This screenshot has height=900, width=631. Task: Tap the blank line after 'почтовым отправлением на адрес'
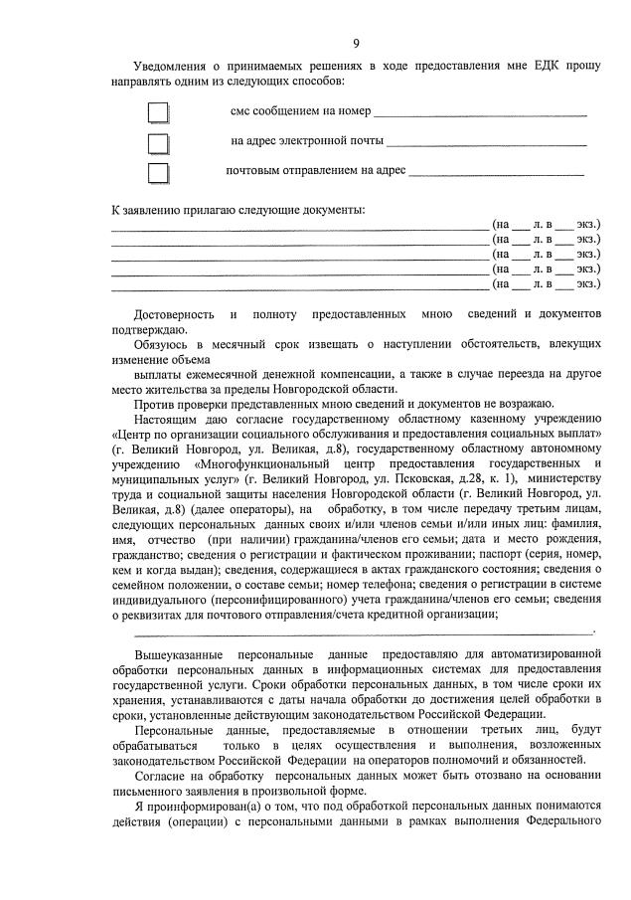pos(496,174)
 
